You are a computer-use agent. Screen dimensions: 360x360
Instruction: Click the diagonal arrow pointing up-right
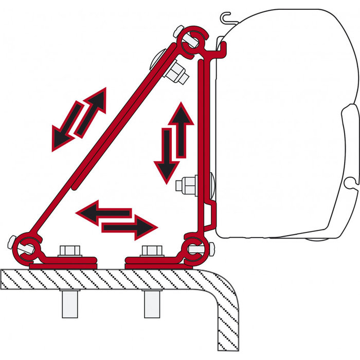pos(92,110)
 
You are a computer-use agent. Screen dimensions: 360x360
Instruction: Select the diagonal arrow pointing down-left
pos(66,129)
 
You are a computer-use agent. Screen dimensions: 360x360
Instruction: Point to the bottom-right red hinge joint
pos(195,248)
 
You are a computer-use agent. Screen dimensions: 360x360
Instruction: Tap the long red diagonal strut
pos(103,144)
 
